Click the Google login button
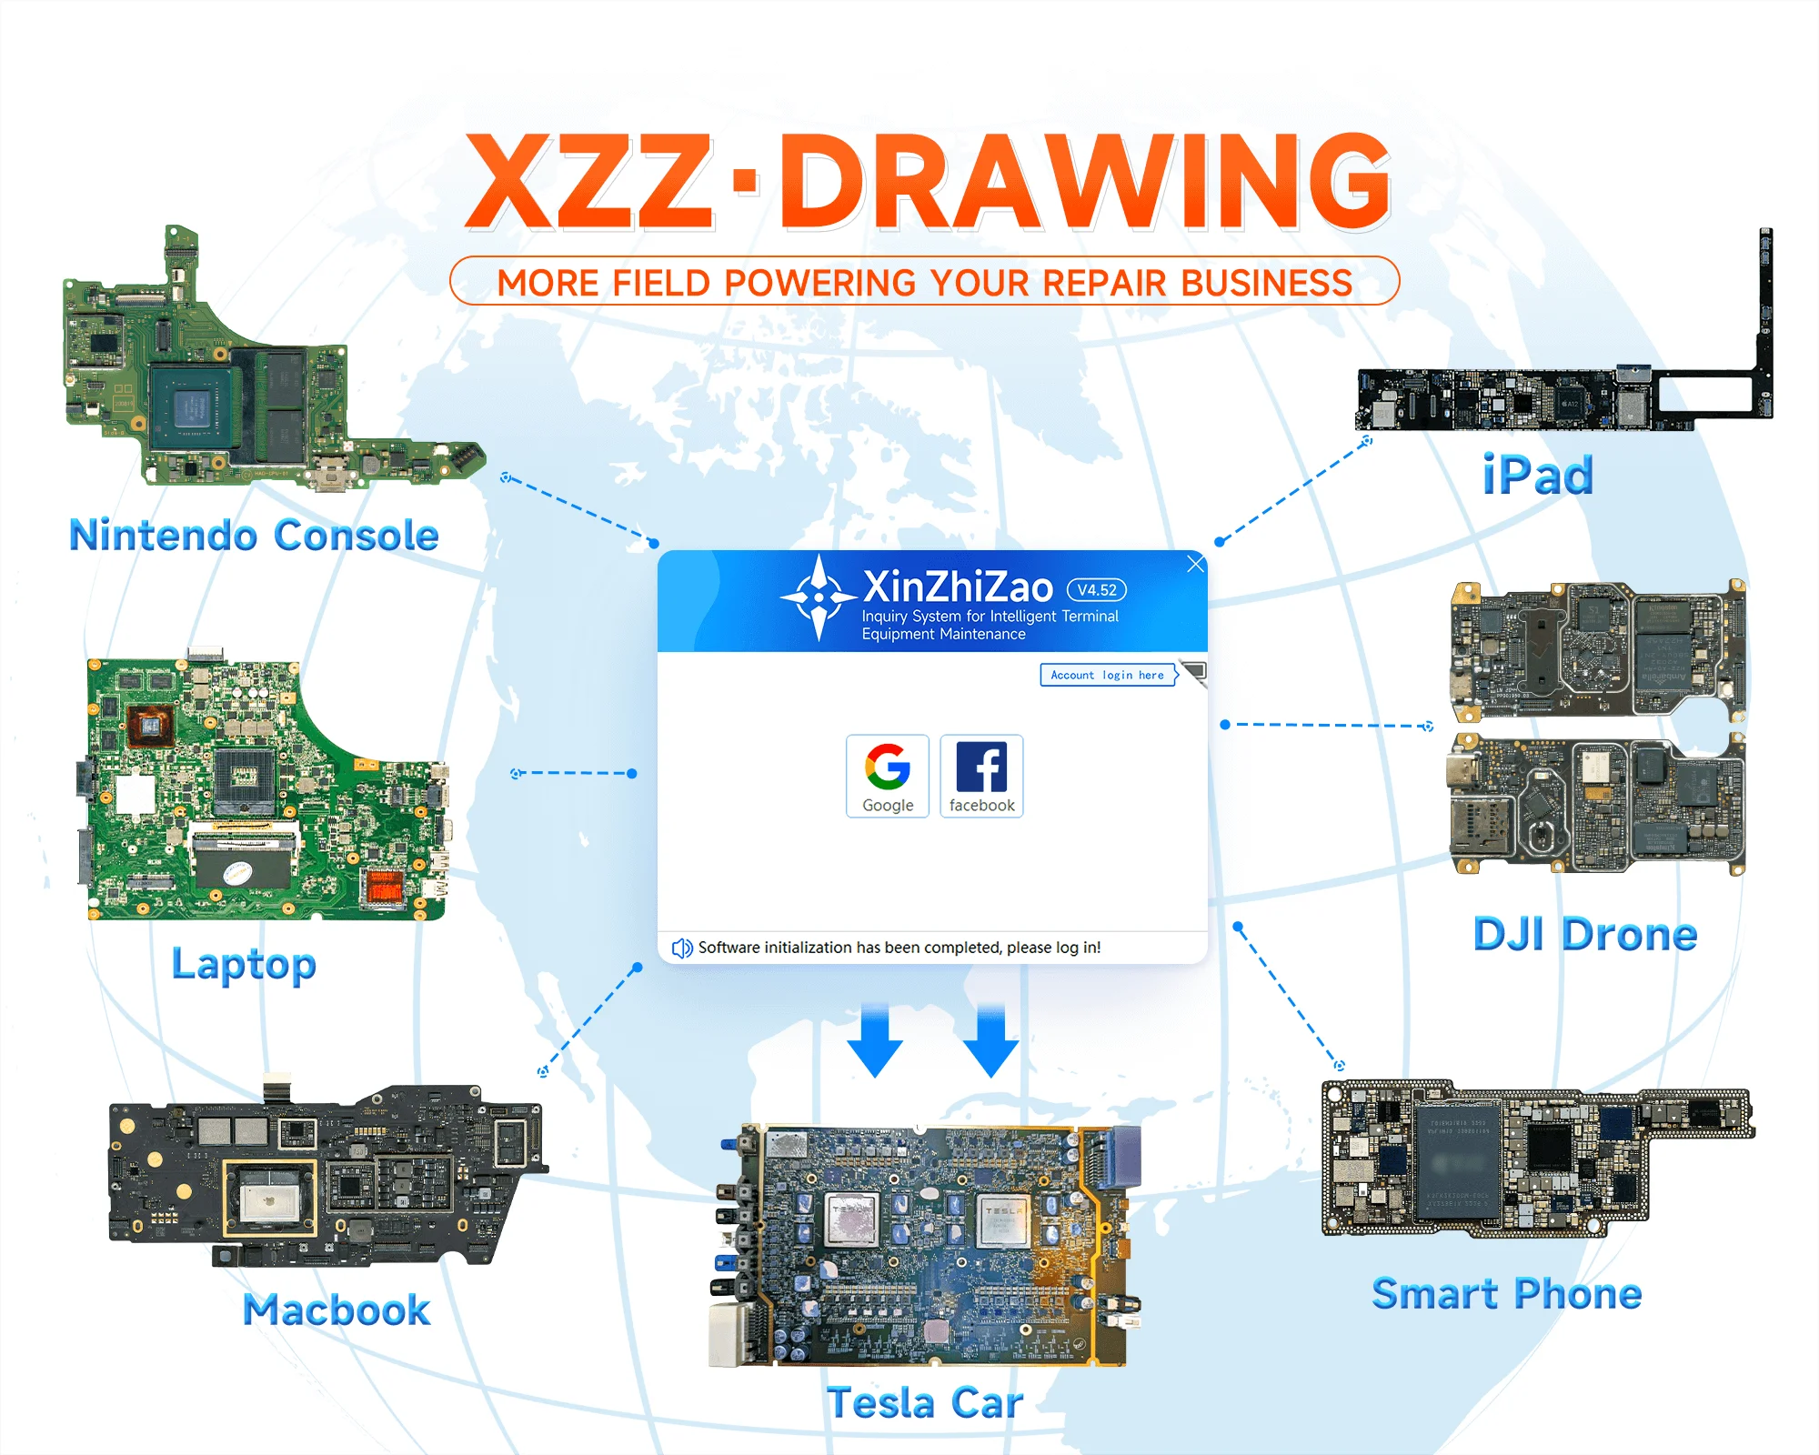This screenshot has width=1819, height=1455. point(888,776)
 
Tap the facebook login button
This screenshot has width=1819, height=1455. point(981,776)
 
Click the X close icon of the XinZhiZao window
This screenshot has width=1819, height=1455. point(1196,564)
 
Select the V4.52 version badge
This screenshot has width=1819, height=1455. point(1097,590)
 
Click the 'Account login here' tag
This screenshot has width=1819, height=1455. point(1108,675)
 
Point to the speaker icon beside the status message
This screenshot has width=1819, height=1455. point(681,948)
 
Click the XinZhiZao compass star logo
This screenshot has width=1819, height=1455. point(819,597)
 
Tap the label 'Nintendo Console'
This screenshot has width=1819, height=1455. point(255,535)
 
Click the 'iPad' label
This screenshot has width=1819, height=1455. point(1538,476)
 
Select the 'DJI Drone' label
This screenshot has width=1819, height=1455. point(1585,934)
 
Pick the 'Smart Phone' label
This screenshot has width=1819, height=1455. point(1507,1293)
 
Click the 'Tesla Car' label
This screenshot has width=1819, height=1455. point(925,1402)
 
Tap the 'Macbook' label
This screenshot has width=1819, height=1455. point(337,1309)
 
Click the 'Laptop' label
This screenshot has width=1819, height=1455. point(244,964)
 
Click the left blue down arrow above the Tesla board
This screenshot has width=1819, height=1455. point(875,1041)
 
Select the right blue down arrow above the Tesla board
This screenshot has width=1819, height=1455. point(990,1041)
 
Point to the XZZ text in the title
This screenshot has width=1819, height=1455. point(589,182)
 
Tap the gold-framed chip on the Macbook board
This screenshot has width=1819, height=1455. point(270,1198)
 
